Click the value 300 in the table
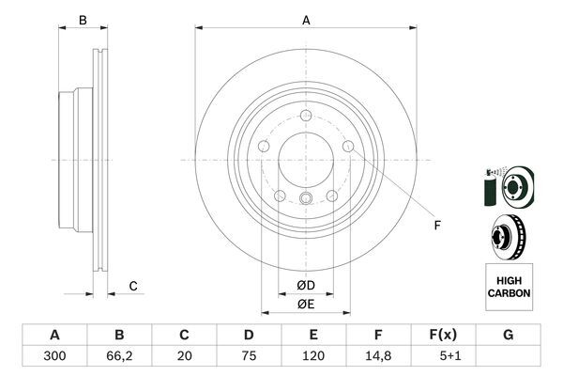pos(54,357)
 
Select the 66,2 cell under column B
pos(119,357)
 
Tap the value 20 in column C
pos(184,357)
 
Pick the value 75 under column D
pos(249,357)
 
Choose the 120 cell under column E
pos(313,357)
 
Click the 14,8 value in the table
pos(378,357)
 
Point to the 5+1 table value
pos(443,357)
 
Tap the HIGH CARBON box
pos(509,287)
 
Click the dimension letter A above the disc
pos(306,20)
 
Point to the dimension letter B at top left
pos(83,20)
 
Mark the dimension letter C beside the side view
pos(133,286)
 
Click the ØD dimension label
pos(306,285)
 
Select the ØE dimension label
pos(306,303)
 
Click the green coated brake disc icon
pos(507,185)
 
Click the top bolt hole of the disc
pos(306,116)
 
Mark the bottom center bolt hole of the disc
pos(306,196)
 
